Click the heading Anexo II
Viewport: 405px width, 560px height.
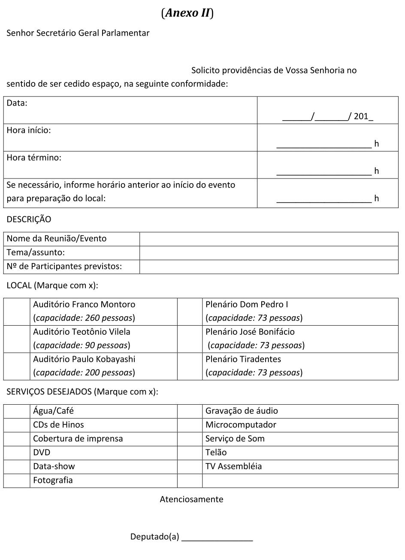[187, 13]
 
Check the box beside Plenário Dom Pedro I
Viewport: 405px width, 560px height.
[190, 312]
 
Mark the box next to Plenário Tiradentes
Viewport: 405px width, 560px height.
[190, 366]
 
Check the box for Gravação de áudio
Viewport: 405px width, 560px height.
[190, 411]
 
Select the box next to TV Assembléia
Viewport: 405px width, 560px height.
[190, 466]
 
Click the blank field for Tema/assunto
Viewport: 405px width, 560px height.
[269, 253]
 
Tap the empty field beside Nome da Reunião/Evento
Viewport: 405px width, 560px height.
[269, 239]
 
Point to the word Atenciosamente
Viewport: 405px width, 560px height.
[191, 499]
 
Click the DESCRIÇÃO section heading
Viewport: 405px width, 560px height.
[29, 219]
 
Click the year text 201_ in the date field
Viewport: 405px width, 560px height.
[363, 116]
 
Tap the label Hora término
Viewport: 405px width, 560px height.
[34, 158]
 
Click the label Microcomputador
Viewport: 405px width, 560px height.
[241, 425]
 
